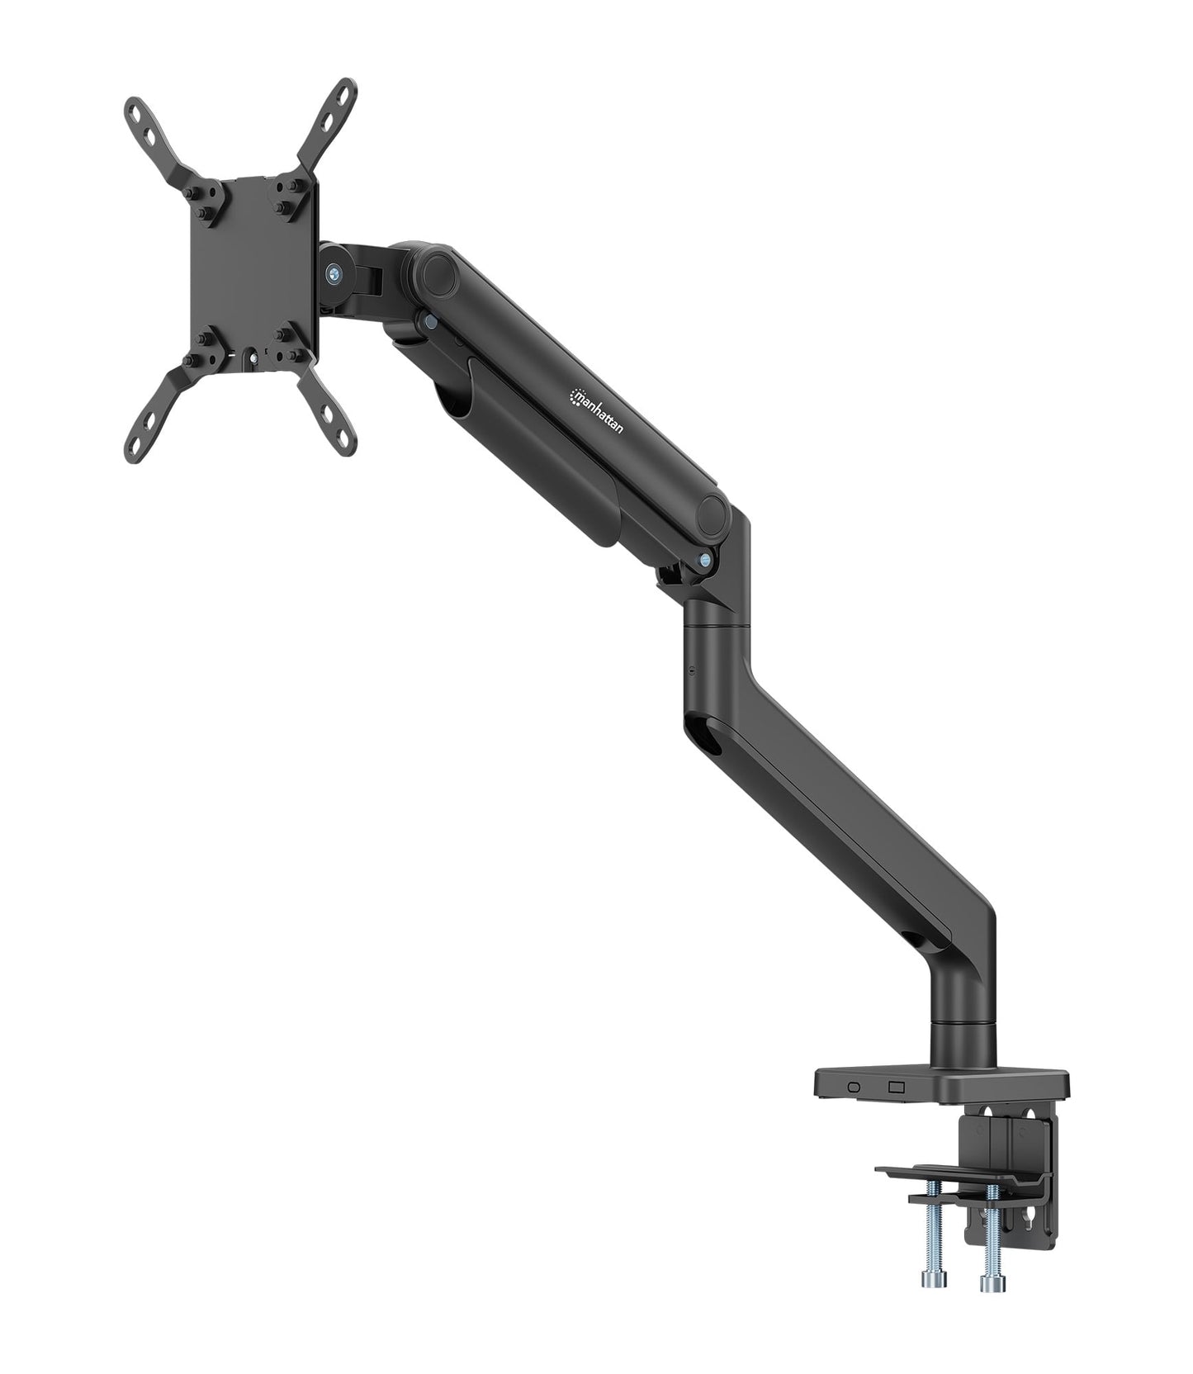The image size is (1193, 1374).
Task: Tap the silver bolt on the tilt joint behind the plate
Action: pos(332,272)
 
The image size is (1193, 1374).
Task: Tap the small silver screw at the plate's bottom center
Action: pos(253,357)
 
